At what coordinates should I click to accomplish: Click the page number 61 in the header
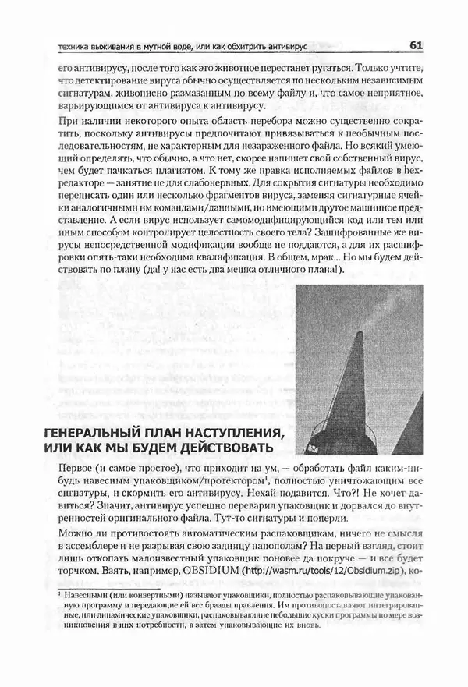click(x=415, y=46)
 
